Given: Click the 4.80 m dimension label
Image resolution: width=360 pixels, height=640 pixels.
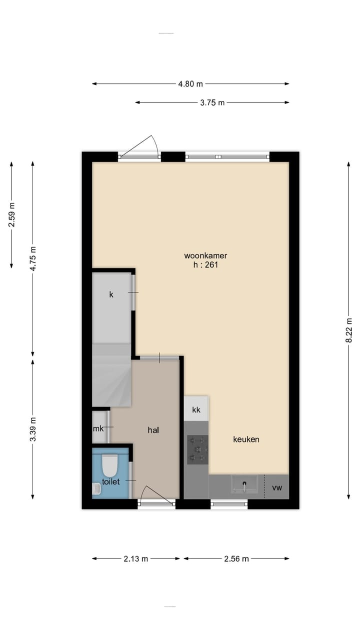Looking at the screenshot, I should tap(190, 84).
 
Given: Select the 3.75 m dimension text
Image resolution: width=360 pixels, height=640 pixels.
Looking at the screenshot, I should tap(212, 102).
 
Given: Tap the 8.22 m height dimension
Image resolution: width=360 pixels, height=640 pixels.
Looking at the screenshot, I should tap(348, 330).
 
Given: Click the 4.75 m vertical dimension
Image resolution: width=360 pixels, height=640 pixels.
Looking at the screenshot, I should tap(33, 258).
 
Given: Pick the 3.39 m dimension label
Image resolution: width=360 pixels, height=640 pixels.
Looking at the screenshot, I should tap(33, 429).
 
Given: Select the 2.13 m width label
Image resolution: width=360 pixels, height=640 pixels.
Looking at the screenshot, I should tap(135, 558).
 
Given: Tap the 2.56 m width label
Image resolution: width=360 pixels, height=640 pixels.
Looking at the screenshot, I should tap(236, 558).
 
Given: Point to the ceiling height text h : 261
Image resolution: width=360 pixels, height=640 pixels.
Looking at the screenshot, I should tap(205, 265).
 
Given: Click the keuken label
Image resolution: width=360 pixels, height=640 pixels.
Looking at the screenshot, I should tap(246, 439).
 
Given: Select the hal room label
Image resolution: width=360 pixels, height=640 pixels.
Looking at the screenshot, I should tap(153, 429).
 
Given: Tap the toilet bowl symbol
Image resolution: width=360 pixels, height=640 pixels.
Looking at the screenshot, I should tap(109, 465).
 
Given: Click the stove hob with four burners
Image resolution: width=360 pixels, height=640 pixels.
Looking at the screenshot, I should tap(197, 448).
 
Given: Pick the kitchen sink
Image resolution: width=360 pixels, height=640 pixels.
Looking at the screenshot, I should tap(244, 484).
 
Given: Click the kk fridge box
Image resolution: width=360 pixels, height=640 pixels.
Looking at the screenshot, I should tap(196, 409).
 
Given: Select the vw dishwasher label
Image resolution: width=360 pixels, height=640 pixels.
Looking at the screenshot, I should tap(276, 487).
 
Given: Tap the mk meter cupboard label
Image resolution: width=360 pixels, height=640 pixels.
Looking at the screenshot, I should tap(98, 428).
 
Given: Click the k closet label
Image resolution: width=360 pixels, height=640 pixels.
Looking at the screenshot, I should tap(111, 294).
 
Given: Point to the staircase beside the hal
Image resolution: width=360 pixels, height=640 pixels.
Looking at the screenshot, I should tap(111, 375).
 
